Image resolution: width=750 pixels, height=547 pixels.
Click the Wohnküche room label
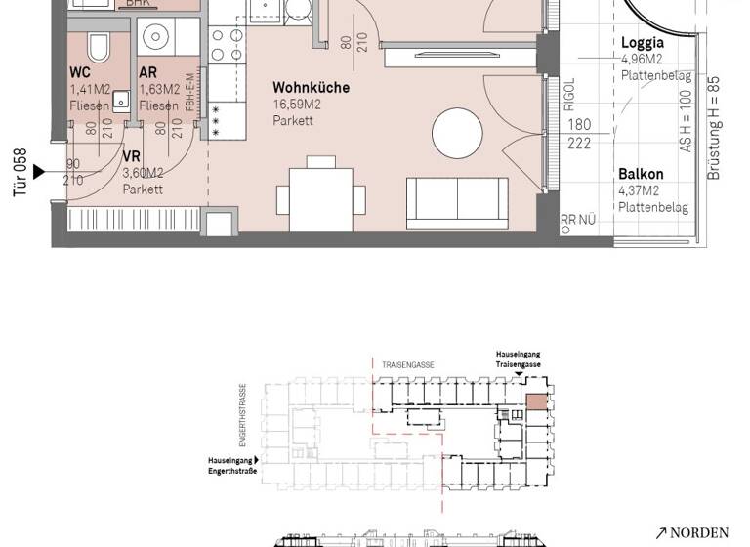coord(311,88)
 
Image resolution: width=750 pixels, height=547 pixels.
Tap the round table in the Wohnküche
coord(457,130)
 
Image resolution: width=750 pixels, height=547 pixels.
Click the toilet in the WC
coord(99,47)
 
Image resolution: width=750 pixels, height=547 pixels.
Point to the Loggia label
coord(643,43)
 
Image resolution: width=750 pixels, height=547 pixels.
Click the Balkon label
coord(641,175)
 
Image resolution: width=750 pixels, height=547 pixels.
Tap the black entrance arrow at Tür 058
coord(39,172)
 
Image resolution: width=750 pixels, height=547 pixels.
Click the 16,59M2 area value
coord(298,105)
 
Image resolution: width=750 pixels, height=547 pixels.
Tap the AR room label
coord(147,72)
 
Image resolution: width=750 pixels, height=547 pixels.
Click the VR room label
coord(131,156)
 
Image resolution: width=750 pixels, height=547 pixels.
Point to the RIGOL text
coord(569,96)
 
